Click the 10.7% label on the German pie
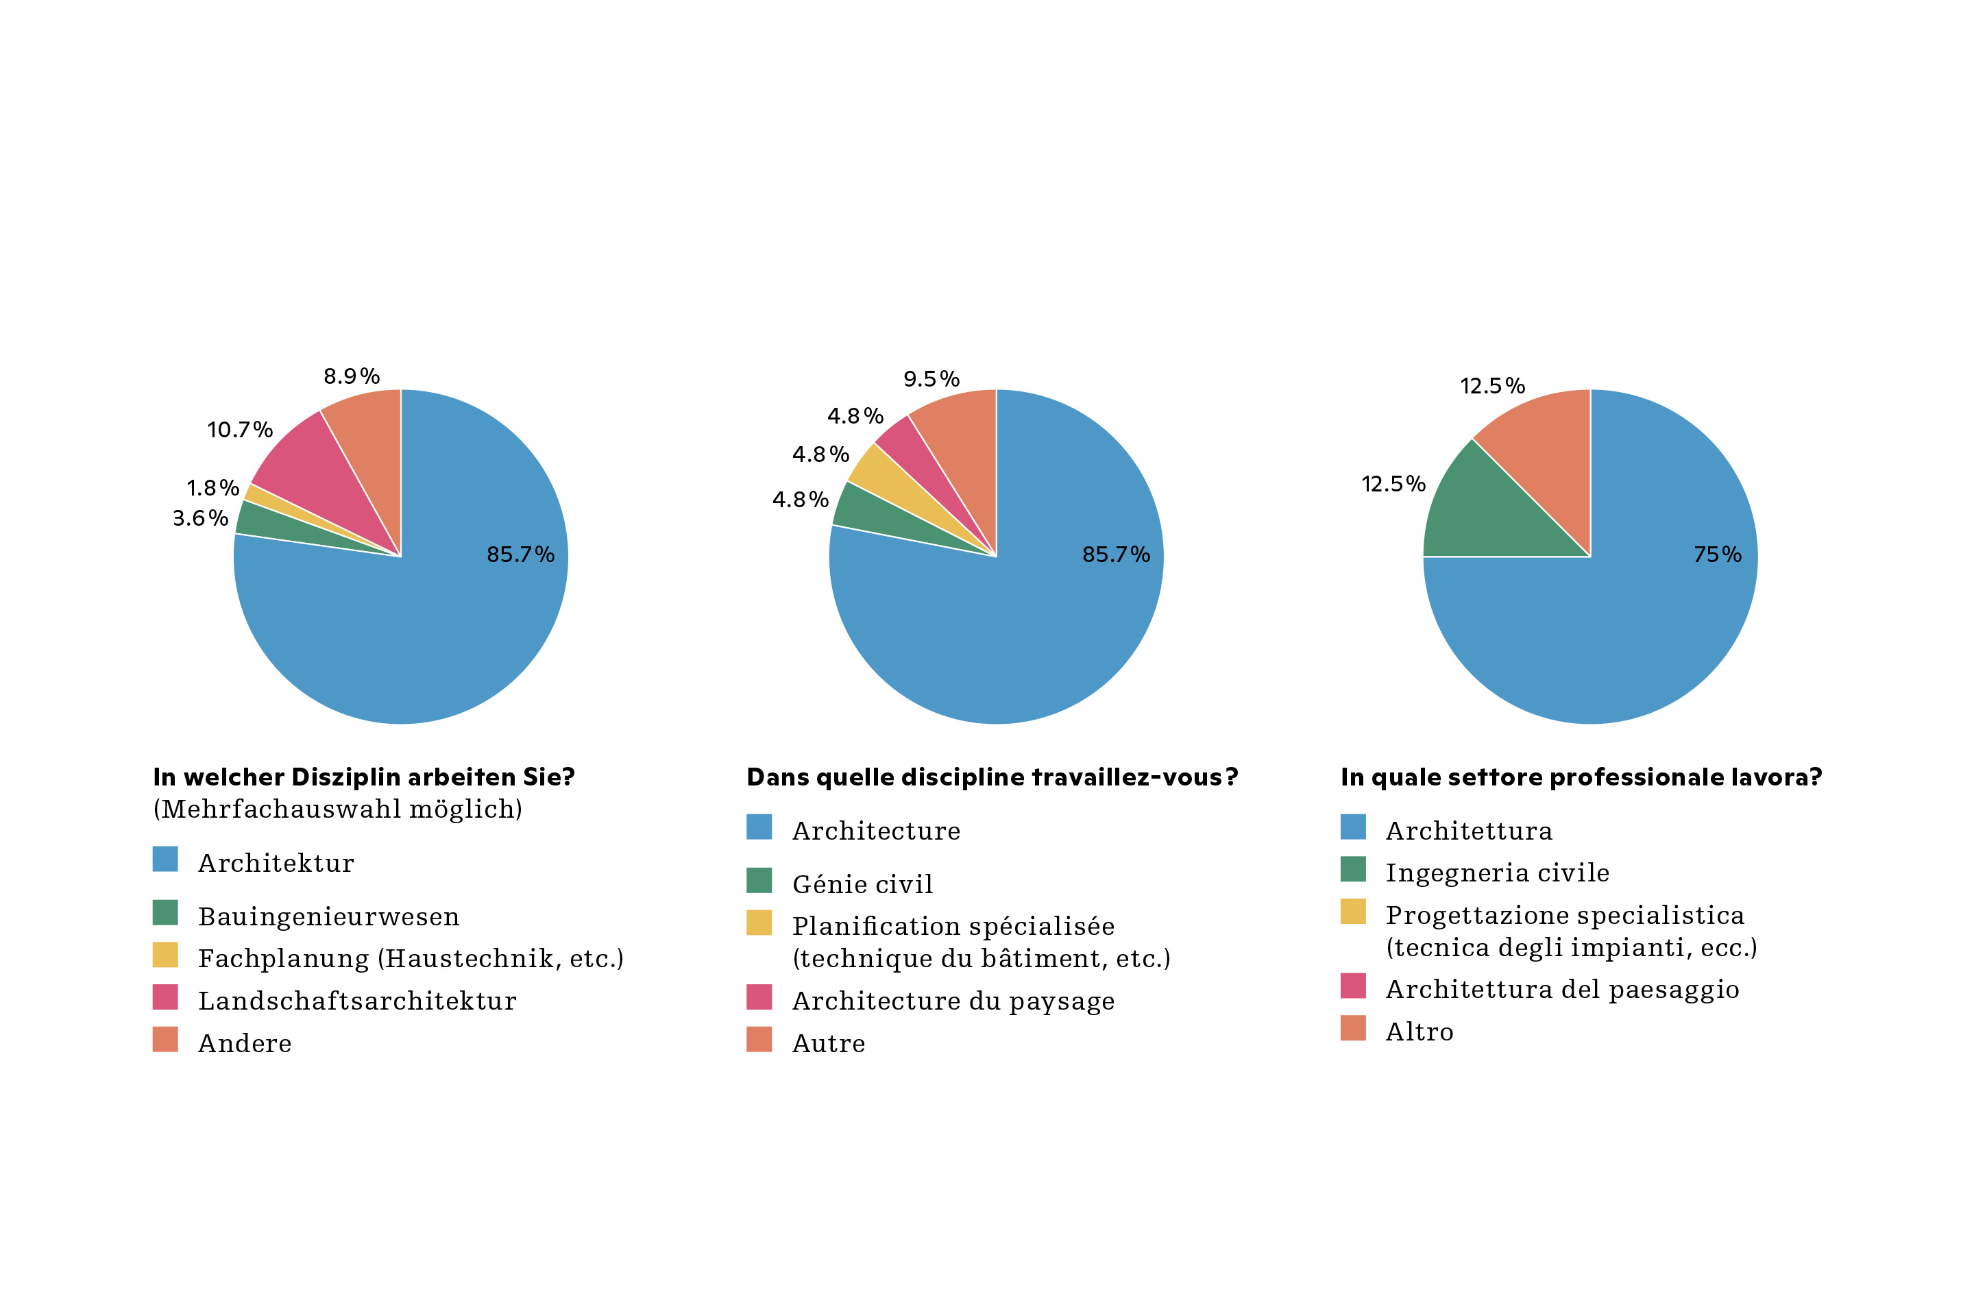point(240,430)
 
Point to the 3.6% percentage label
point(201,519)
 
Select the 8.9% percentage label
point(352,377)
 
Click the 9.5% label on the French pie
point(931,379)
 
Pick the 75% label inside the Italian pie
point(1717,555)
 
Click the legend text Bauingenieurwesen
point(328,916)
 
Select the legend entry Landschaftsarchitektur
point(356,1001)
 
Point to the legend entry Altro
point(1419,1032)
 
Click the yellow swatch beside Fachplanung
point(165,955)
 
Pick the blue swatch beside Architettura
point(1353,827)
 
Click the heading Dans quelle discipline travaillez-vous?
point(992,778)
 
